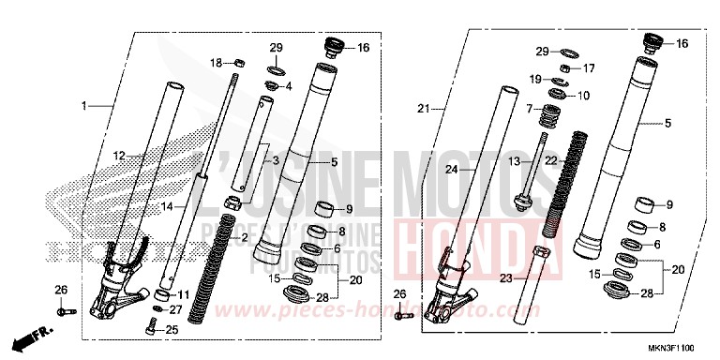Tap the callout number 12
(120, 155)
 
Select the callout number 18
(215, 63)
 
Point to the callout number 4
(288, 86)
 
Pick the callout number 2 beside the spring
(245, 238)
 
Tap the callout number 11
(184, 293)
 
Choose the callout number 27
(176, 308)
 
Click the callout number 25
(171, 329)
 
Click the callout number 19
(535, 80)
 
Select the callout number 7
(530, 110)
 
